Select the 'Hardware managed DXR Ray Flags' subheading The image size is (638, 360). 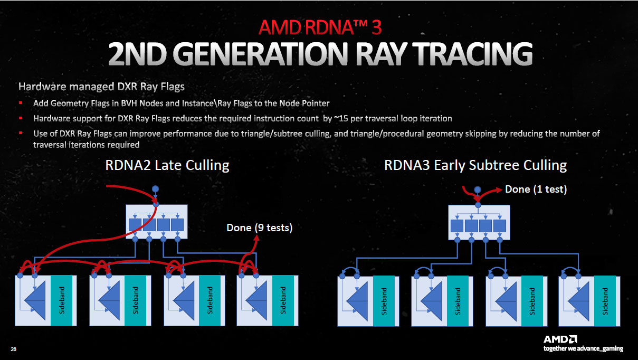pyautogui.click(x=101, y=86)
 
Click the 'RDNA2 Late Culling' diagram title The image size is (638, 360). pyautogui.click(x=167, y=165)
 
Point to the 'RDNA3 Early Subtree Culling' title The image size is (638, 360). pyautogui.click(x=475, y=165)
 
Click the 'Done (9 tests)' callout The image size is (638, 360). pyautogui.click(x=259, y=228)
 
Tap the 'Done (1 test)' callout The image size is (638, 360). pyautogui.click(x=536, y=189)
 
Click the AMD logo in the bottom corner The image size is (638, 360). pyautogui.click(x=559, y=338)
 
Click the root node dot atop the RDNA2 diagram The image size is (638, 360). pyautogui.click(x=155, y=189)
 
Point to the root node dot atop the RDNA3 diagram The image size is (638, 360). pyautogui.click(x=478, y=190)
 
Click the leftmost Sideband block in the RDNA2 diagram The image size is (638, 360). pyautogui.click(x=62, y=300)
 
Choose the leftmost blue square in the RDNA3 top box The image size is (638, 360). pyautogui.click(x=457, y=226)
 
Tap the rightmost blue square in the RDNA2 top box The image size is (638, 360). pyautogui.click(x=177, y=224)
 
